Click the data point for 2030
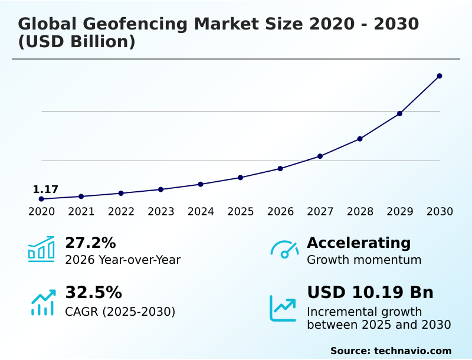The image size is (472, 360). click(440, 76)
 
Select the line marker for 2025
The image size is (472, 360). click(241, 178)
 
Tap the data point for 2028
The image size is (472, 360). click(360, 139)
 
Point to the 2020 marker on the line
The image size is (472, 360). click(41, 199)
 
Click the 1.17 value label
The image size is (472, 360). click(45, 189)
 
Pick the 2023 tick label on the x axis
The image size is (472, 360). click(161, 212)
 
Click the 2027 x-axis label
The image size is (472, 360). click(320, 212)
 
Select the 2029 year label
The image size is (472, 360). click(400, 212)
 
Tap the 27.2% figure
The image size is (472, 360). click(90, 243)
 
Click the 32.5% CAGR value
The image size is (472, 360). click(93, 292)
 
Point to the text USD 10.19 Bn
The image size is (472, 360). click(370, 292)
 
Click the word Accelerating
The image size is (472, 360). click(359, 243)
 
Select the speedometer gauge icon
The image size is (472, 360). click(284, 250)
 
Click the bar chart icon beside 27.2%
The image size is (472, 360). click(41, 249)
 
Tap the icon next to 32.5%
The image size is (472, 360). click(42, 302)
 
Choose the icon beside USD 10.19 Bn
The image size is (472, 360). click(283, 307)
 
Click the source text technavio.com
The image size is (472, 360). click(412, 351)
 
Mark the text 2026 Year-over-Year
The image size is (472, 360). click(123, 260)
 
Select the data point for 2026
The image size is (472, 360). click(280, 169)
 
